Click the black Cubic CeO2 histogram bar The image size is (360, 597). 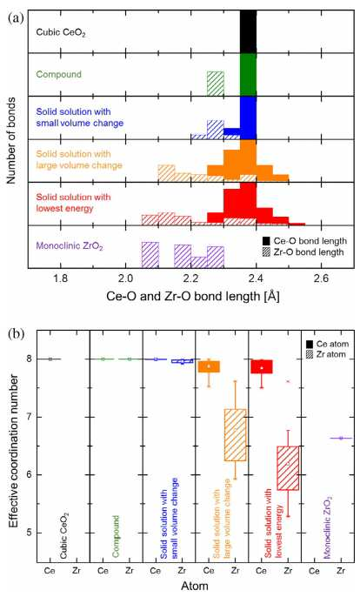point(248,31)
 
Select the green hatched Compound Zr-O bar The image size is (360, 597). point(216,84)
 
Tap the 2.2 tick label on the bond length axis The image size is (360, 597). point(191,278)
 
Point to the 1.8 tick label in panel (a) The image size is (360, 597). point(61,278)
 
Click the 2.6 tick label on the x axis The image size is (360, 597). point(322,278)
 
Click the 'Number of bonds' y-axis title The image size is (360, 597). point(11,140)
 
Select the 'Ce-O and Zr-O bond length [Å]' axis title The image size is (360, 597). point(193,296)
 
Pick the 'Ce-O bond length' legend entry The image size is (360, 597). point(305,241)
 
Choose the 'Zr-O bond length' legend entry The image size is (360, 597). point(303,252)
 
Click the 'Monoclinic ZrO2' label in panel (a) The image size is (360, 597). point(70,246)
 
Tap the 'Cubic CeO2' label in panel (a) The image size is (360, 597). point(61,32)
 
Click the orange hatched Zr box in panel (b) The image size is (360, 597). point(235,435)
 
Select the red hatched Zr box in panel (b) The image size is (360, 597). point(288,468)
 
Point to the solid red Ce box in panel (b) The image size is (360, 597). point(262,366)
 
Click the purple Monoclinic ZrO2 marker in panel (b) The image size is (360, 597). point(341,439)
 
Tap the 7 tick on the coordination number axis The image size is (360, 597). point(28,417)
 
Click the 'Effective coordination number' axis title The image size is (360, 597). point(14,451)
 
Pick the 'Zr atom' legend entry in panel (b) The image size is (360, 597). point(326,354)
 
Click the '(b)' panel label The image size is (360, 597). point(16,334)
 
